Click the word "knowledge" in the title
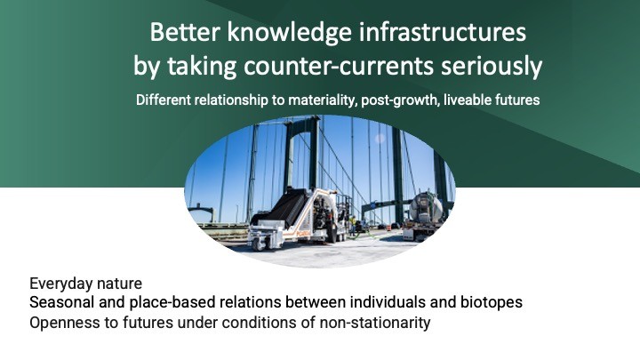pos(289,33)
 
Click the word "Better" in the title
pos(185,32)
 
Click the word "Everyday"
pos(57,284)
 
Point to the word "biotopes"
pos(492,303)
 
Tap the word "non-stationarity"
pos(375,323)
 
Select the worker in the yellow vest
pos(353,223)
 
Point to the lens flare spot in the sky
pos(380,139)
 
